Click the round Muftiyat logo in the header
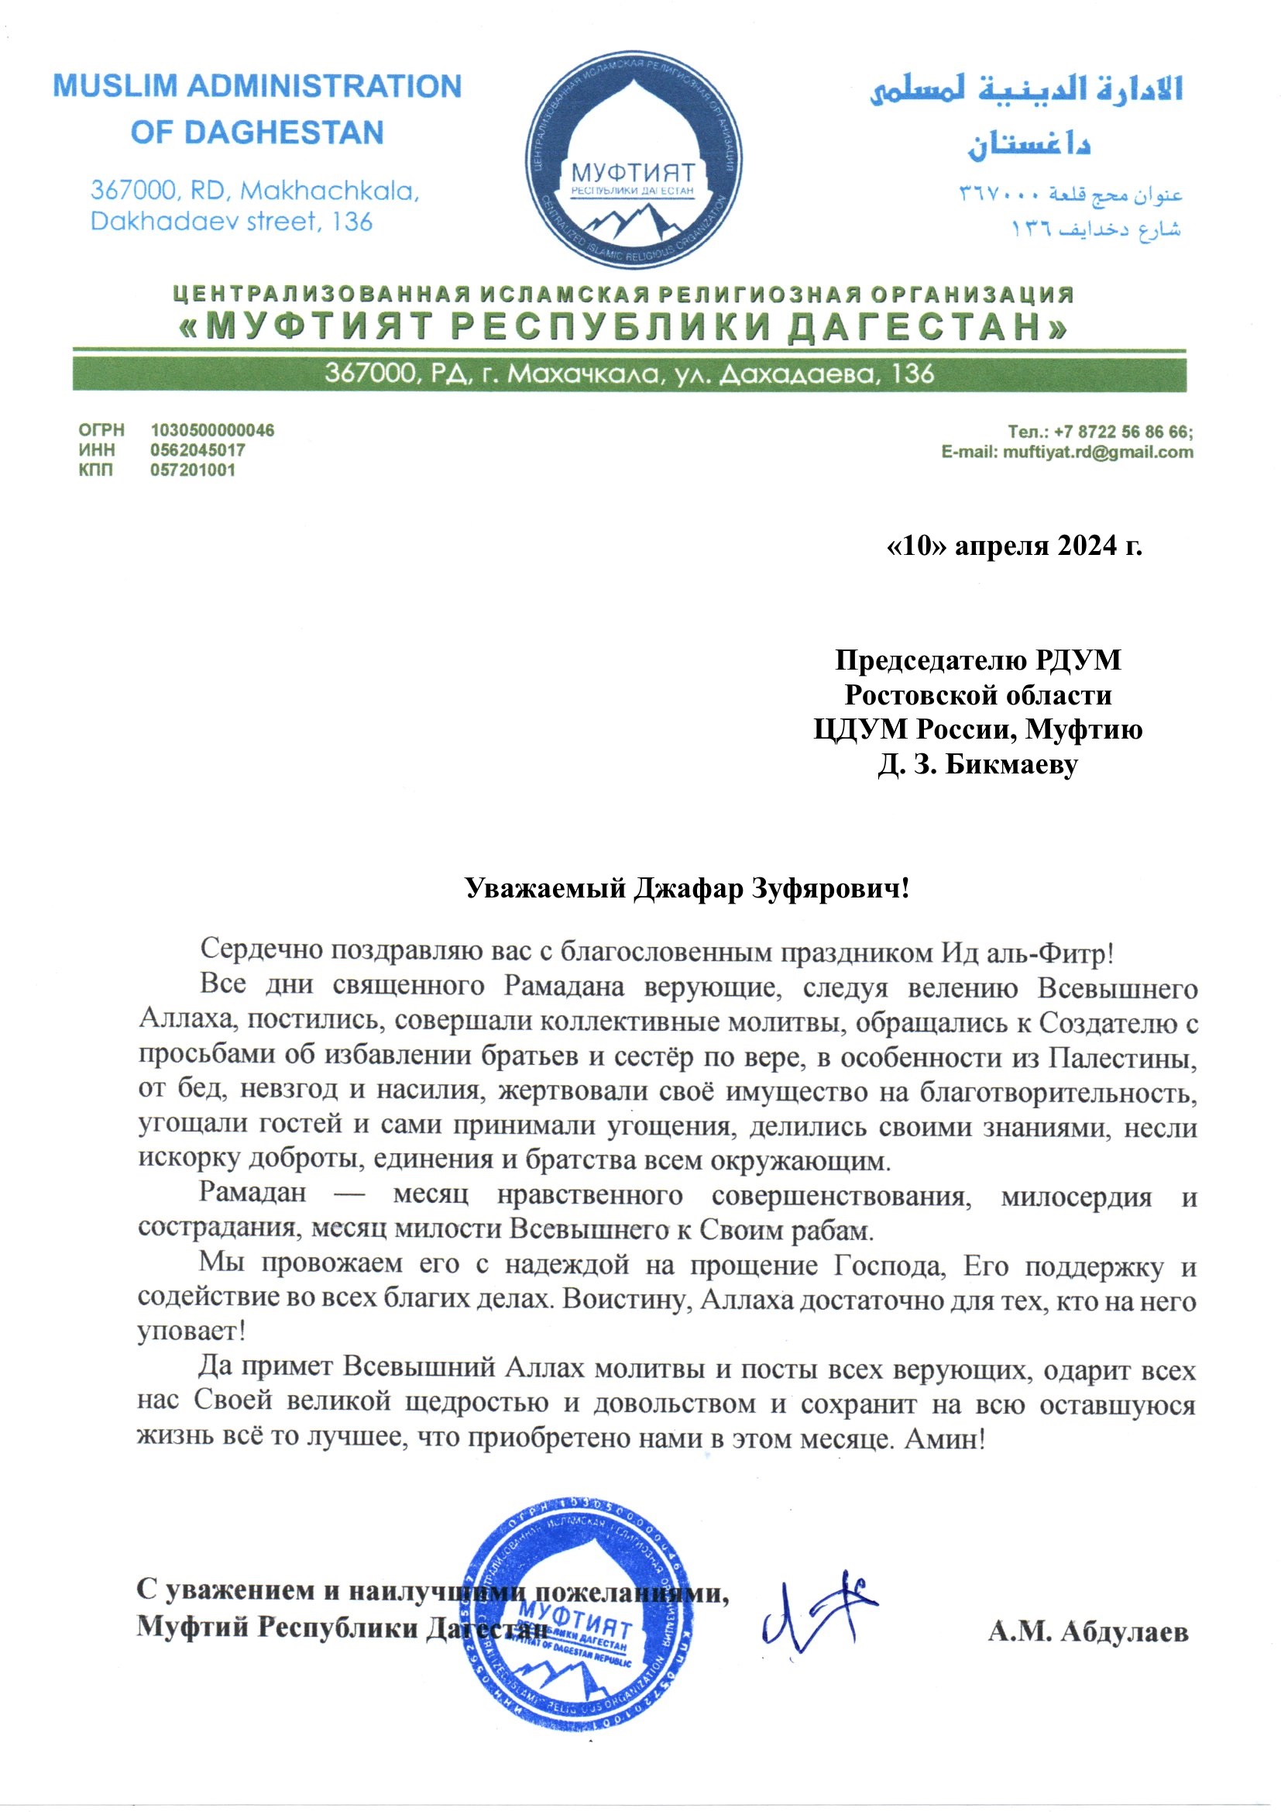pyautogui.click(x=634, y=160)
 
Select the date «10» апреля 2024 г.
pyautogui.click(x=1015, y=546)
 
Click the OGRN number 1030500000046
pyautogui.click(x=212, y=430)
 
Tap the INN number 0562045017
pyautogui.click(x=197, y=450)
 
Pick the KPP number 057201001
pyautogui.click(x=193, y=470)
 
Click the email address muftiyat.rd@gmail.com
pyautogui.click(x=1097, y=452)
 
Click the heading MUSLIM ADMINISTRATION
pyautogui.click(x=257, y=86)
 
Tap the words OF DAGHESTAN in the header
pyautogui.click(x=257, y=133)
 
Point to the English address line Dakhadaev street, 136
pyautogui.click(x=231, y=221)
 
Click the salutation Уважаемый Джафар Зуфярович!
pyautogui.click(x=686, y=889)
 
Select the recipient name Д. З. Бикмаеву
pyautogui.click(x=977, y=764)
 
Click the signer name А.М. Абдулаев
pyautogui.click(x=1087, y=1631)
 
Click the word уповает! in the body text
pyautogui.click(x=191, y=1331)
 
